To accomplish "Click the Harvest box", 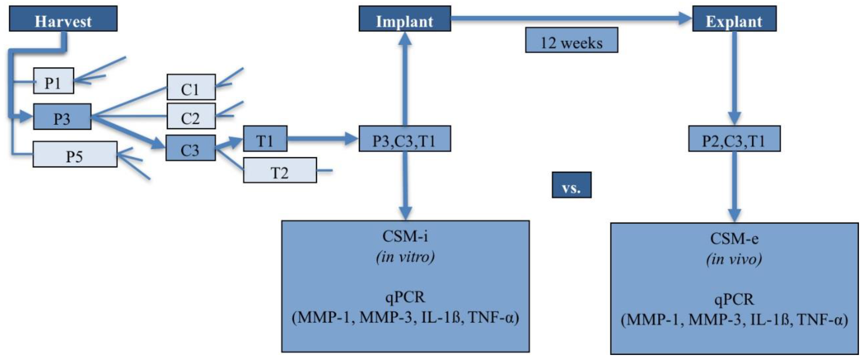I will pyautogui.click(x=63, y=19).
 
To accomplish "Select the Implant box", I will pyautogui.click(x=404, y=19).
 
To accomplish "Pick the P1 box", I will pyautogui.click(x=53, y=81).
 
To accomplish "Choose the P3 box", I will pyautogui.click(x=62, y=117).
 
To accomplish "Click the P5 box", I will pyautogui.click(x=75, y=154).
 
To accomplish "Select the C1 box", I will pyautogui.click(x=191, y=87).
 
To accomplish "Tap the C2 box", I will pyautogui.click(x=191, y=116).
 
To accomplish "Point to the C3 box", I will pyautogui.click(x=190, y=148).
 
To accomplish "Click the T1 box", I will pyautogui.click(x=265, y=139).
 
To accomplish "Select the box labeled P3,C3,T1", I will pyautogui.click(x=404, y=139).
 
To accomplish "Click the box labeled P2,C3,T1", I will pyautogui.click(x=734, y=139).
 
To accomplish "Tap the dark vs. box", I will pyautogui.click(x=571, y=185).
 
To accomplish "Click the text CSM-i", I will pyautogui.click(x=405, y=236).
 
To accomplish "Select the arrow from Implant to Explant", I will pyautogui.click(x=570, y=18).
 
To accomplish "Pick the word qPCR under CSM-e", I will pyautogui.click(x=734, y=299).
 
